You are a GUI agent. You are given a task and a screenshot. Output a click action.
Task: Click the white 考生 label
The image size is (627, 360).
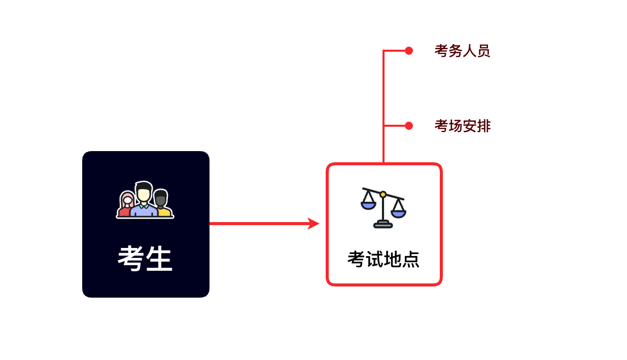145,259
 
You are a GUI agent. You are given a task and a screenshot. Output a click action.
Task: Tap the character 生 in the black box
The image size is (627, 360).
159,259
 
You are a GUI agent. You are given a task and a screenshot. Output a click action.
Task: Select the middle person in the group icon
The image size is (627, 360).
144,199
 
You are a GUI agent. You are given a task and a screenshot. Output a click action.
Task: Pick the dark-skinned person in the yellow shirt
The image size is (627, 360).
162,204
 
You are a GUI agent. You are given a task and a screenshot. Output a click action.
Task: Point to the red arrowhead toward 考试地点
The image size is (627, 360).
314,224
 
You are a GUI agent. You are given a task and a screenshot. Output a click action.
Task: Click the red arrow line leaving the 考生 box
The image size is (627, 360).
259,224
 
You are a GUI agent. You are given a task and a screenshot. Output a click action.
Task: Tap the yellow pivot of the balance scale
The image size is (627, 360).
383,194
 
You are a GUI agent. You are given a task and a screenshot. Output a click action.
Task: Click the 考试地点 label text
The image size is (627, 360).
384,259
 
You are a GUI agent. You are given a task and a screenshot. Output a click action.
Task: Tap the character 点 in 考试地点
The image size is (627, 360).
411,259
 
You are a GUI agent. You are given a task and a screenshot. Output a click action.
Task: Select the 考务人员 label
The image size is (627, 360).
462,51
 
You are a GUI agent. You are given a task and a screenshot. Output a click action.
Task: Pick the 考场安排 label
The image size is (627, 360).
462,126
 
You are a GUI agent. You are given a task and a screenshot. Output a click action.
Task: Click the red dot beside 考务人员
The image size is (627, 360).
409,51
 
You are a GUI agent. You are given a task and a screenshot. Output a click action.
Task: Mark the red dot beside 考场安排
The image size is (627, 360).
409,126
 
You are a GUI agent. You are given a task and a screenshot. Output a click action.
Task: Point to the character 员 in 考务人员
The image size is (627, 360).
483,51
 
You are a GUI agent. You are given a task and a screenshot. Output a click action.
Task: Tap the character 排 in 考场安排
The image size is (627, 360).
484,126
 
